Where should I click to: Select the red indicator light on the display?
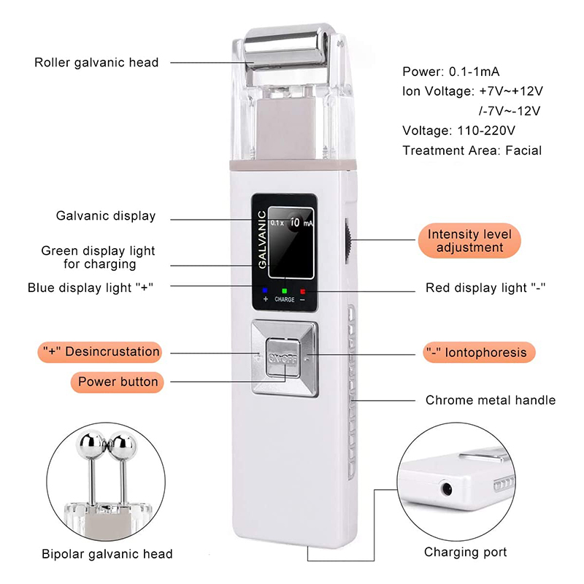pos(302,291)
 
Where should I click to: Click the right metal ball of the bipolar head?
pos(120,443)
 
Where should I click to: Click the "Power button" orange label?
pos(118,381)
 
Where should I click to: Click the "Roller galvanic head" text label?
pos(96,62)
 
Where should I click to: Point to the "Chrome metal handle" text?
pos(490,400)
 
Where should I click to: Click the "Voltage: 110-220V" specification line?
pos(459,131)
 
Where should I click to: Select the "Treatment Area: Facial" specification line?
pos(472,150)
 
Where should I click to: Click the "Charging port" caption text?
pos(466,552)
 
